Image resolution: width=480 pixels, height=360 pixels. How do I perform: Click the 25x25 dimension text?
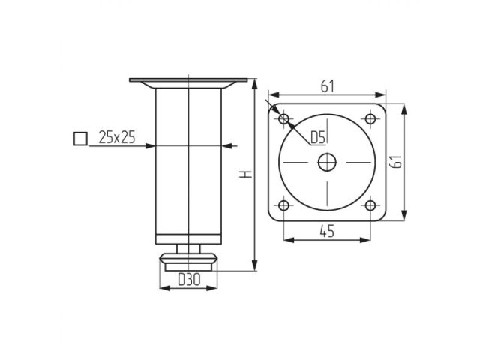[x=116, y=137]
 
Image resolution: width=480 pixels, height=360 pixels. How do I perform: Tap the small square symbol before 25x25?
[x=79, y=138]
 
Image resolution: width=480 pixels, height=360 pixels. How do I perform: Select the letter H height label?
[x=244, y=174]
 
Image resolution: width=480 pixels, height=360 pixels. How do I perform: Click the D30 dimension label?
[x=187, y=280]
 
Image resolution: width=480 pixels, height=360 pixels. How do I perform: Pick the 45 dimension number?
[x=326, y=232]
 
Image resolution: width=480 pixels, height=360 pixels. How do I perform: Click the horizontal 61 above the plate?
[x=327, y=86]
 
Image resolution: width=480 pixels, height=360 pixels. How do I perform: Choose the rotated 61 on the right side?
[x=397, y=162]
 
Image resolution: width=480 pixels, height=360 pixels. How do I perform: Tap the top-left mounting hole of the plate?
[x=284, y=119]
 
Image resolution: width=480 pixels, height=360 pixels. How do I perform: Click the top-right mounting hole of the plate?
[x=370, y=118]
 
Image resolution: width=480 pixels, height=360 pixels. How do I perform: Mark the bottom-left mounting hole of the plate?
[x=284, y=205]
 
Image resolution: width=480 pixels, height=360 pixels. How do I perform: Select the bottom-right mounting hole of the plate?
[x=370, y=205]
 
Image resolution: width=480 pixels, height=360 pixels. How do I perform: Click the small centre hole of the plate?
[x=327, y=162]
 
